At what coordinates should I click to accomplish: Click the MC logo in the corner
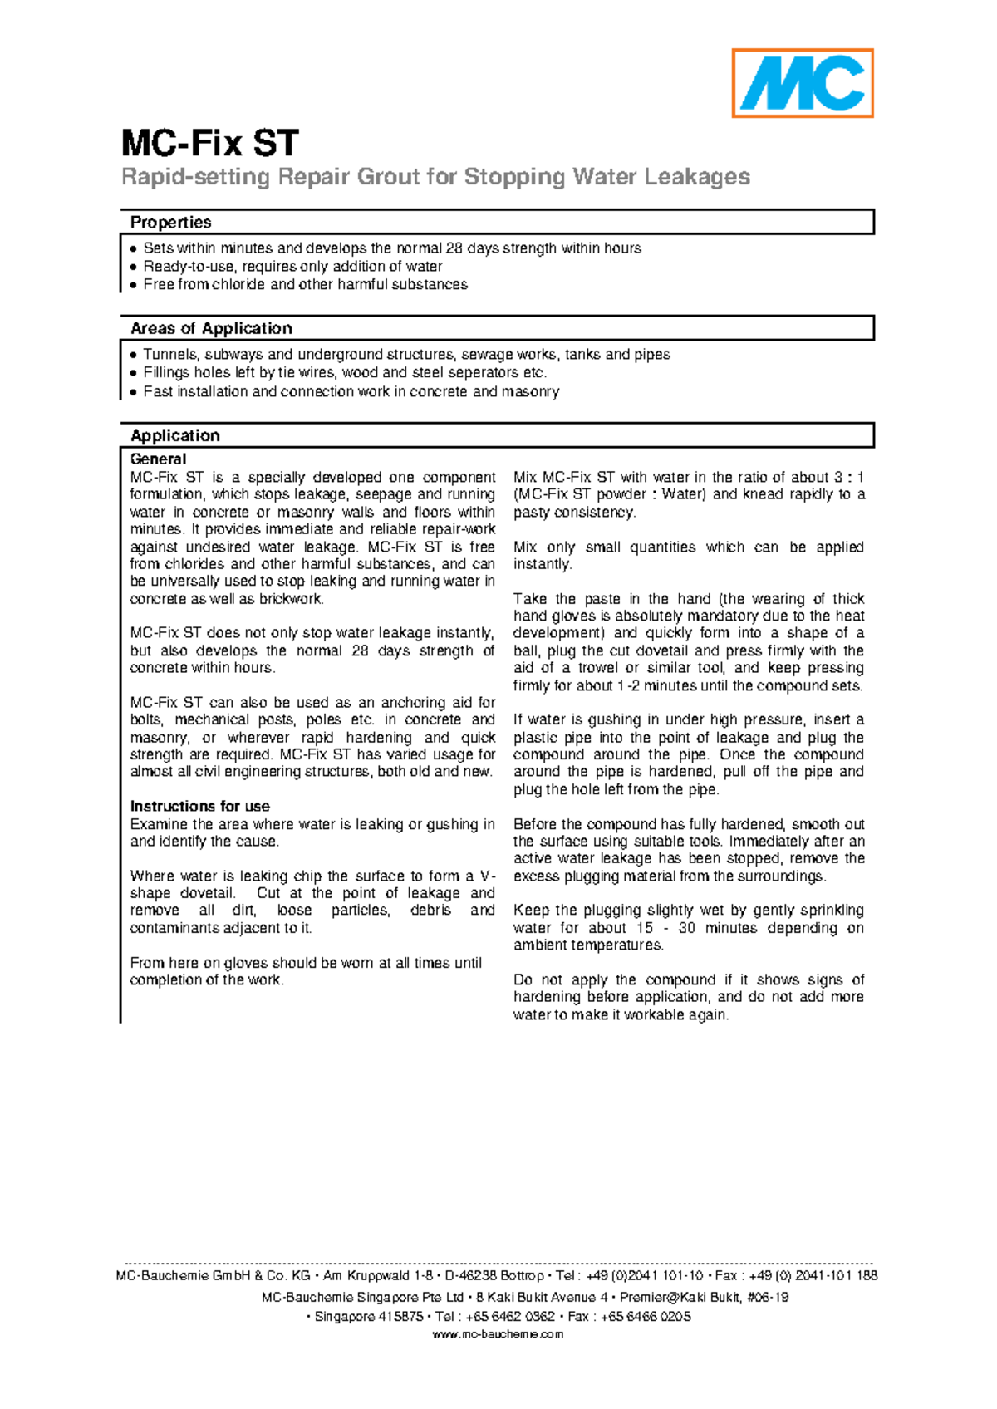802,83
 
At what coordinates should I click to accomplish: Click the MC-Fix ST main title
209,144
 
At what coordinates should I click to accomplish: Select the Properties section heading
170,223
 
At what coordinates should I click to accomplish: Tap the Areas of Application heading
211,328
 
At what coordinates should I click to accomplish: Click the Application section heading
174,436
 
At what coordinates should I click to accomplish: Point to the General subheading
158,459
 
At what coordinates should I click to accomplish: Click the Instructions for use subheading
199,806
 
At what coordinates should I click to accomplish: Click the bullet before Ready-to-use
133,267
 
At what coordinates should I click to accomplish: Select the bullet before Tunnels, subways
133,355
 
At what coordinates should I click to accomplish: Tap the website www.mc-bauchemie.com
498,1334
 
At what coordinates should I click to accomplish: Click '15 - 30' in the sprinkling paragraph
665,928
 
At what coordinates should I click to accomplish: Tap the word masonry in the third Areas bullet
530,391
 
